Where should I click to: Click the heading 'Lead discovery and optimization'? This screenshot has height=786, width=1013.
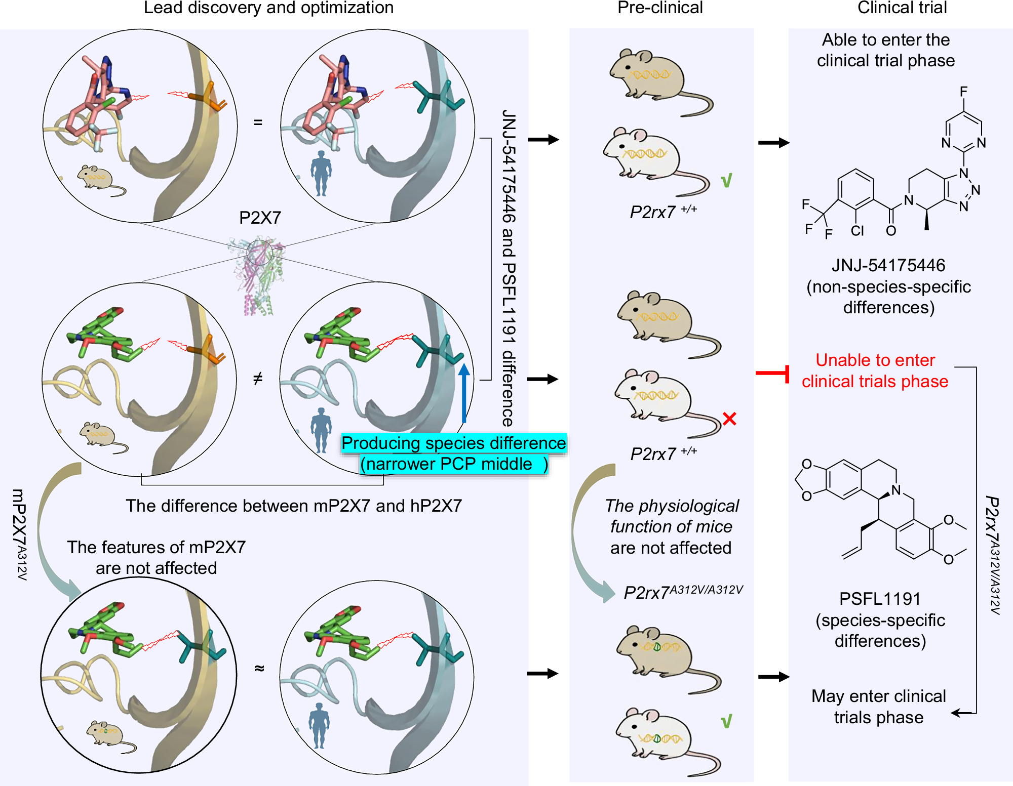click(x=268, y=8)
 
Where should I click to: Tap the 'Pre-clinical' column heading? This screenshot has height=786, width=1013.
click(x=659, y=8)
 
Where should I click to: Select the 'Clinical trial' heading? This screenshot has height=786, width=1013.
click(x=902, y=8)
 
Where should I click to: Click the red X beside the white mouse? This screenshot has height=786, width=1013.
click(x=729, y=419)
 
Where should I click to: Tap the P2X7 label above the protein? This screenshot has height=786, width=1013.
click(x=260, y=218)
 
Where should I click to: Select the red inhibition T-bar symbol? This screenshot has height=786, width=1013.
click(x=773, y=374)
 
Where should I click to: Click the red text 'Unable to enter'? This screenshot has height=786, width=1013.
click(x=875, y=360)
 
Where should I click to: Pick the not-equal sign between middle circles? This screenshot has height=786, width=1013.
click(x=258, y=378)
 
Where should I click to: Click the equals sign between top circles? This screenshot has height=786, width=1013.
click(x=258, y=122)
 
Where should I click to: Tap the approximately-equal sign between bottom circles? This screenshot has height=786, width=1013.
click(x=259, y=668)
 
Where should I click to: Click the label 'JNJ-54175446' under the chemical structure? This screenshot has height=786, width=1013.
click(x=888, y=265)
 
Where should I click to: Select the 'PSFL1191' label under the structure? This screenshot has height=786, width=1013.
click(x=880, y=599)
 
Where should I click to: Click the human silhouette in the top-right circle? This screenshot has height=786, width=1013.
click(x=321, y=173)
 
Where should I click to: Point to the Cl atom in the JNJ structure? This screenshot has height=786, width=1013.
click(x=857, y=231)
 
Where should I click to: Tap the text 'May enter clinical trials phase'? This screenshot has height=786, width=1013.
click(x=878, y=707)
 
